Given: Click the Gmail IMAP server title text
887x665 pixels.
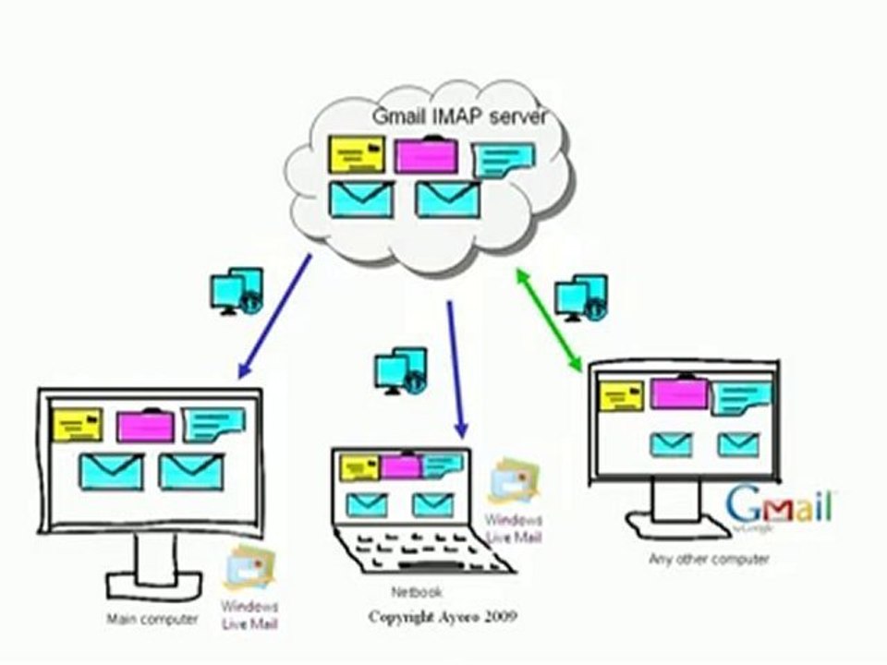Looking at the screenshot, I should (460, 117).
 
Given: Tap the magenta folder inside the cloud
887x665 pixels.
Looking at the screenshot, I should (425, 155).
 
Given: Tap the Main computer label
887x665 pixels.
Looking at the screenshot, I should (152, 620).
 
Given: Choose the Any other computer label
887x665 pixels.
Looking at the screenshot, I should (709, 560).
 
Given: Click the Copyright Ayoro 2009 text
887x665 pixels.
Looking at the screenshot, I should (443, 616).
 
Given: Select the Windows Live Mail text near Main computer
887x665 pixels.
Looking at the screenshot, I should (249, 615).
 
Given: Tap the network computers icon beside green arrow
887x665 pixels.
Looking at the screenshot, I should (580, 297).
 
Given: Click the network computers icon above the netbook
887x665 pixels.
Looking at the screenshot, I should (400, 370).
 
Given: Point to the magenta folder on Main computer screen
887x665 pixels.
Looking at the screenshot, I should (145, 426).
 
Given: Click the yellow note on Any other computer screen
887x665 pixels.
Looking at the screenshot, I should (621, 396).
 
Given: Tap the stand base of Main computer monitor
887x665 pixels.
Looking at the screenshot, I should (152, 586).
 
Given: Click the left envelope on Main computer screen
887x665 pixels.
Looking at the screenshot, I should (111, 471).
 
